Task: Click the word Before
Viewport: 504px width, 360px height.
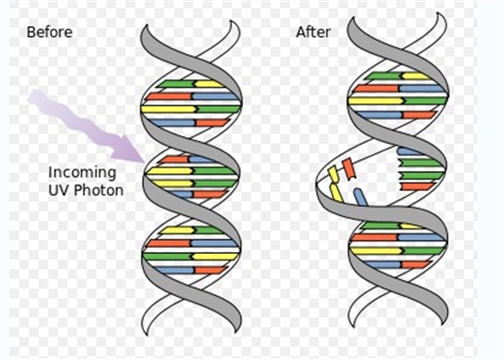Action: click(49, 32)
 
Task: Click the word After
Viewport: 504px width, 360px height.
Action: click(313, 32)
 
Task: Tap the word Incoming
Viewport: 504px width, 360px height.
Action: click(82, 173)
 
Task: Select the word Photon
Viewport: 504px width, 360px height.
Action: click(99, 190)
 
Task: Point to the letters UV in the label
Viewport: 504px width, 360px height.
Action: click(59, 190)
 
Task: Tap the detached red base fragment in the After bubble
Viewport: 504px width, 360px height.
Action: click(349, 168)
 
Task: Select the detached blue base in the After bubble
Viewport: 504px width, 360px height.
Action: click(360, 197)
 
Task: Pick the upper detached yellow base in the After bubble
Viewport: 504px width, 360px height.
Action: click(334, 174)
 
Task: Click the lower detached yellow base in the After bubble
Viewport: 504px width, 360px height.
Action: click(337, 193)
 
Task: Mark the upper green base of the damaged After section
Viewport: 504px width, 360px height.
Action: click(420, 163)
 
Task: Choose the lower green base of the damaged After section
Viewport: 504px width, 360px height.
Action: click(421, 175)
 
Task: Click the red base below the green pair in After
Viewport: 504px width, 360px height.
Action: click(417, 186)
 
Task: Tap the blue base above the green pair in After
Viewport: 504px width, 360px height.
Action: click(409, 151)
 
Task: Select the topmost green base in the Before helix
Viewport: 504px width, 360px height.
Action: click(176, 84)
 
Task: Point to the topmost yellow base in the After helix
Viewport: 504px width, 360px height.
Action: click(416, 76)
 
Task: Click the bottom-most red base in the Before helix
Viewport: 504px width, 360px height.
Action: click(211, 270)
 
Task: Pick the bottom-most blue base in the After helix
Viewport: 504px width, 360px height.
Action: click(382, 265)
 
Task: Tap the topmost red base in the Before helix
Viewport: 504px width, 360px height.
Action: click(168, 96)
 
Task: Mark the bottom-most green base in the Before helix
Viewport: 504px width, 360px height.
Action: click(167, 256)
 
